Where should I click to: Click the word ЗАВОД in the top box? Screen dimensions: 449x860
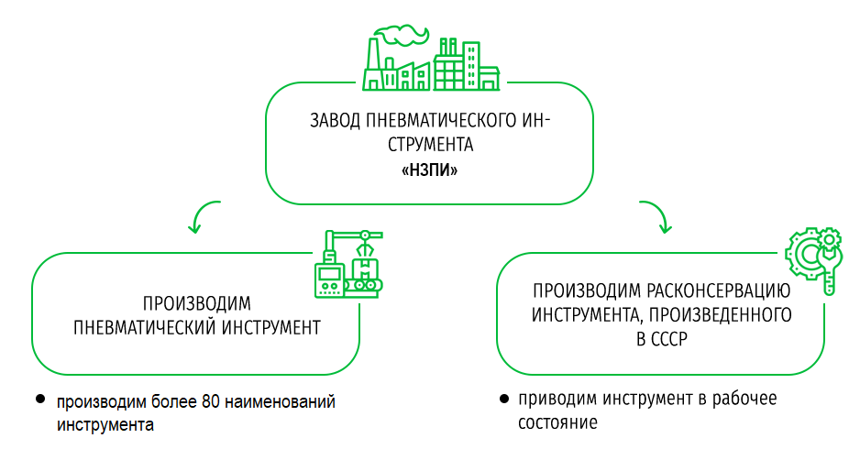(x=333, y=121)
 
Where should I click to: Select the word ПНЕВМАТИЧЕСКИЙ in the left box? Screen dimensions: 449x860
(x=142, y=326)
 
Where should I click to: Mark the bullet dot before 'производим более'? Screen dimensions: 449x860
(x=39, y=400)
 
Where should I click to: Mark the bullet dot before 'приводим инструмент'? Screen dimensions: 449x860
(x=503, y=400)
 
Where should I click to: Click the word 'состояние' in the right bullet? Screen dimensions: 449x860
(x=557, y=423)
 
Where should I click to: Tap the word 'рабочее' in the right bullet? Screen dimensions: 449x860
(x=738, y=400)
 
